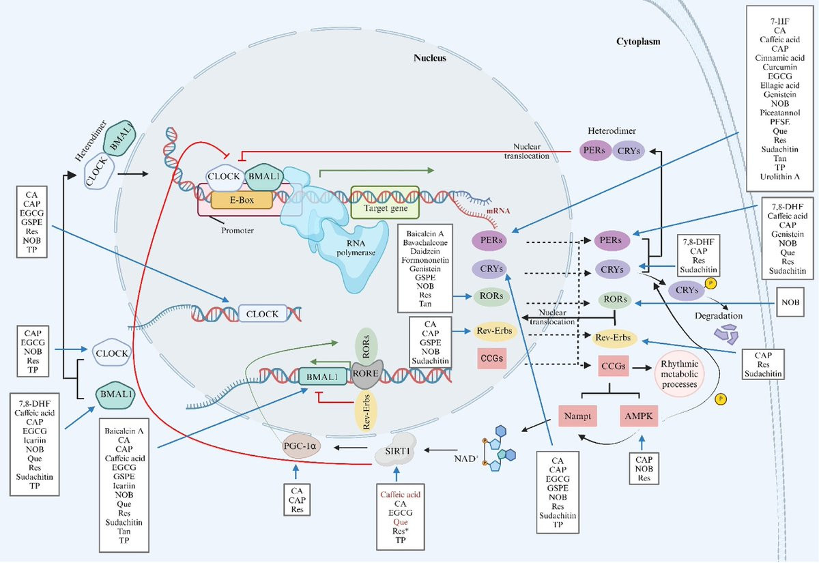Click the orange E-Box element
(242, 199)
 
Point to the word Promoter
(238, 229)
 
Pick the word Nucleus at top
(430, 58)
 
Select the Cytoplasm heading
(633, 42)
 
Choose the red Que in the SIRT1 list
(399, 521)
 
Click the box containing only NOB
(790, 301)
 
